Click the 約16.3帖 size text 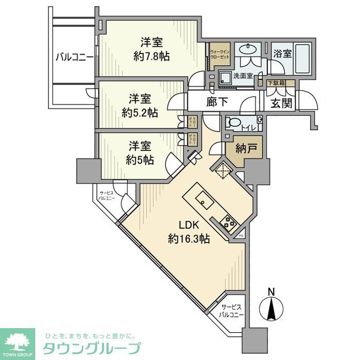tap(189, 239)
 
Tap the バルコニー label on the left tap(75, 57)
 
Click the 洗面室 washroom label tap(243, 76)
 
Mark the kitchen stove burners tap(227, 222)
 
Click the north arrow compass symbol tap(272, 309)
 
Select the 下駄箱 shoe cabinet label tap(277, 83)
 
